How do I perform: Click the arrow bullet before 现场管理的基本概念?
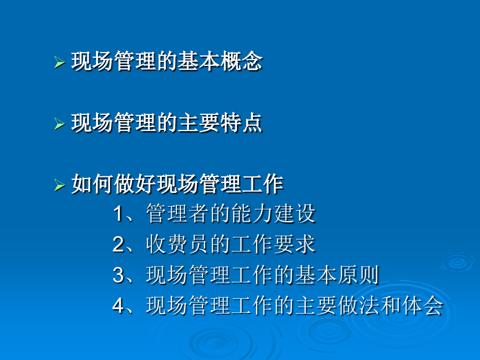59,63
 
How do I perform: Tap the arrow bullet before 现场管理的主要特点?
59,124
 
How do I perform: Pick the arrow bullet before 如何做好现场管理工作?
59,185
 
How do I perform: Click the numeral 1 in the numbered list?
118,214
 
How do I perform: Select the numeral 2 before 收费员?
118,245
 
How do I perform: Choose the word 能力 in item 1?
248,214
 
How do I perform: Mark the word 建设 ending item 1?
297,214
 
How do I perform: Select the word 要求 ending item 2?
297,245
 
